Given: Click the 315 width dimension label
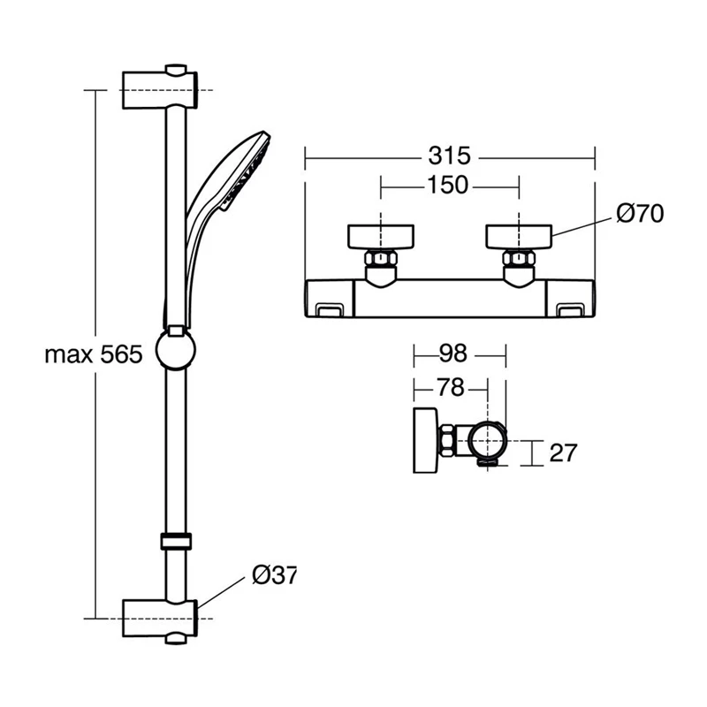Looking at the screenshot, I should point(449,156).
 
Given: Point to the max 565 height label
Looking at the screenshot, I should point(93,354).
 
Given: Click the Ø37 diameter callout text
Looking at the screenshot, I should point(274,574).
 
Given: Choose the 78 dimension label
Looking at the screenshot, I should point(450,388).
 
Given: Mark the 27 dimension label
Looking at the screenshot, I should point(563,453).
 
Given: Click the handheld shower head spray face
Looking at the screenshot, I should point(249,172).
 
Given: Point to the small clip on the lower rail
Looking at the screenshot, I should point(176,542).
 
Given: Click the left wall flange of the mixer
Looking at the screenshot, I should point(381,237).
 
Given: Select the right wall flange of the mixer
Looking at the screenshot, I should point(519,237).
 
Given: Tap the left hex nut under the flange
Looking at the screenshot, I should point(381,259).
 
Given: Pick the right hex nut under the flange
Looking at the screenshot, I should point(519,259).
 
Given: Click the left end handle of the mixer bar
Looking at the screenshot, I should point(328,300).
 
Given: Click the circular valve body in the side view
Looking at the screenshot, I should point(488,439).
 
